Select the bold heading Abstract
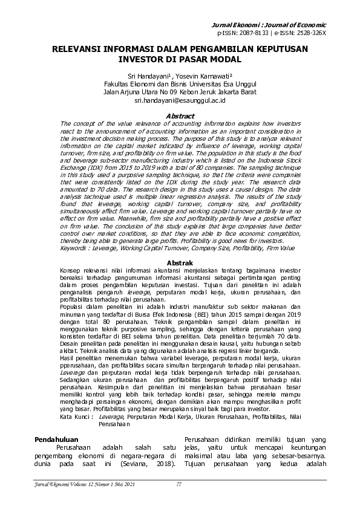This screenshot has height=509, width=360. (180, 116)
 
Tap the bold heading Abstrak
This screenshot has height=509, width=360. (180, 264)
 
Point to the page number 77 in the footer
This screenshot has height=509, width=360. (179, 484)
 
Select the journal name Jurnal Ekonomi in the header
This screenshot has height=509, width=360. (269, 24)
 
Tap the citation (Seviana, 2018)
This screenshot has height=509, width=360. (151, 464)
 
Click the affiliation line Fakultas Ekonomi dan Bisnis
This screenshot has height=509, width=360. (180, 84)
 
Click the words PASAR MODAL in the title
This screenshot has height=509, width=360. (207, 60)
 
